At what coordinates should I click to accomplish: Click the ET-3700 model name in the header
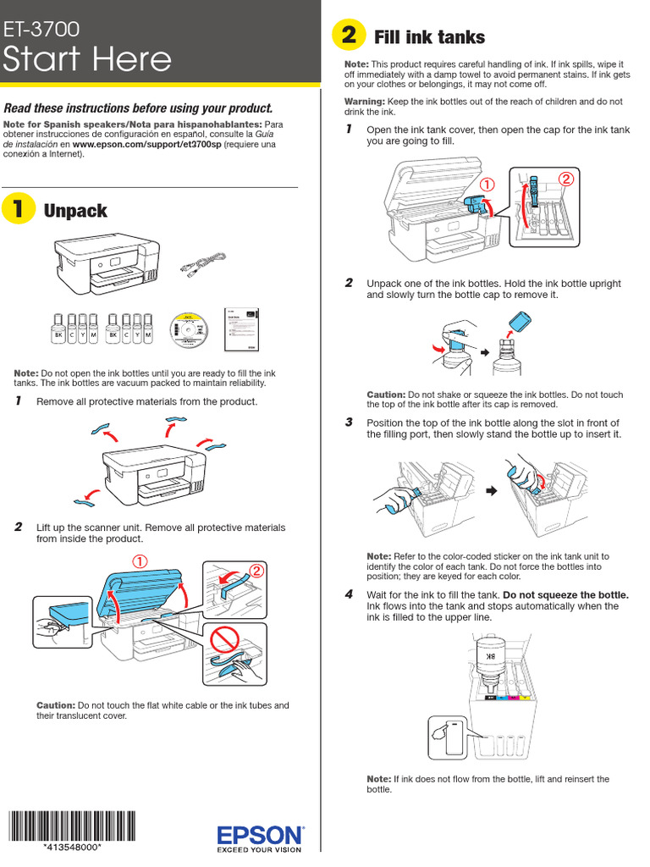point(42,30)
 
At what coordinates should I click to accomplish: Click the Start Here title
point(87,59)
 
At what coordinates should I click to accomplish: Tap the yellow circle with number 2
point(348,36)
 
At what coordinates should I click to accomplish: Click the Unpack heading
point(75,211)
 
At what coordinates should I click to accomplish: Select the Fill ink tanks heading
point(429,37)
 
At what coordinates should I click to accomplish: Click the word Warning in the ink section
point(365,102)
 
